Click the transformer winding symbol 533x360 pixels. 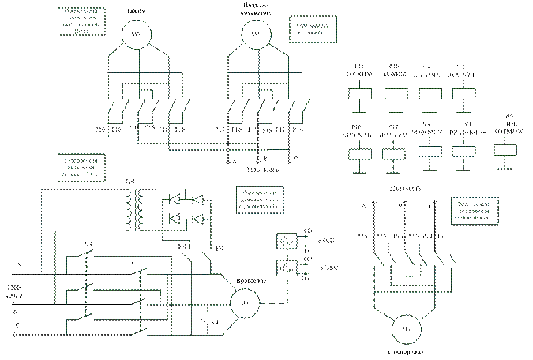click(x=139, y=208)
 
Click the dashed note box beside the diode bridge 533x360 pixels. click(x=258, y=201)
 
